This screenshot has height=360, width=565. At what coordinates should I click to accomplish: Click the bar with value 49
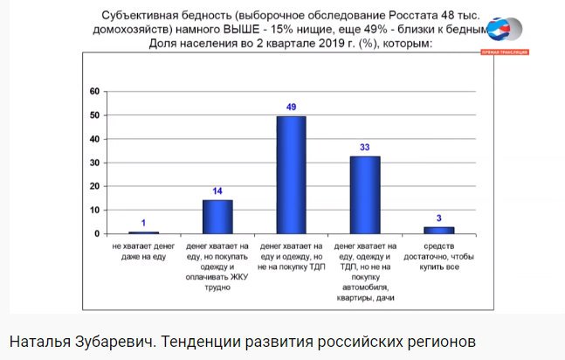coord(291,175)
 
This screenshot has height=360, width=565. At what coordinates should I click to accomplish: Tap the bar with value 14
coord(217,217)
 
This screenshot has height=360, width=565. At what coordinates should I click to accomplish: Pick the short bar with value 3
coord(439,230)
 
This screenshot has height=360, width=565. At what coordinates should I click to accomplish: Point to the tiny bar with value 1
coord(143,232)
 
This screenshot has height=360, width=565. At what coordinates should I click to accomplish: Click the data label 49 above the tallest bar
coord(292,107)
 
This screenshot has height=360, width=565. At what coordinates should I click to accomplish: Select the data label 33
coord(365,148)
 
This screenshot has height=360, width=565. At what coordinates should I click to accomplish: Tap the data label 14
coord(217,190)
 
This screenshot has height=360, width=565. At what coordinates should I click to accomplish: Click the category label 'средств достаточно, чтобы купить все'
coord(439,257)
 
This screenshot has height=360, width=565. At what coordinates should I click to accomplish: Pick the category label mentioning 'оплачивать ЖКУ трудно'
coord(217,267)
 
